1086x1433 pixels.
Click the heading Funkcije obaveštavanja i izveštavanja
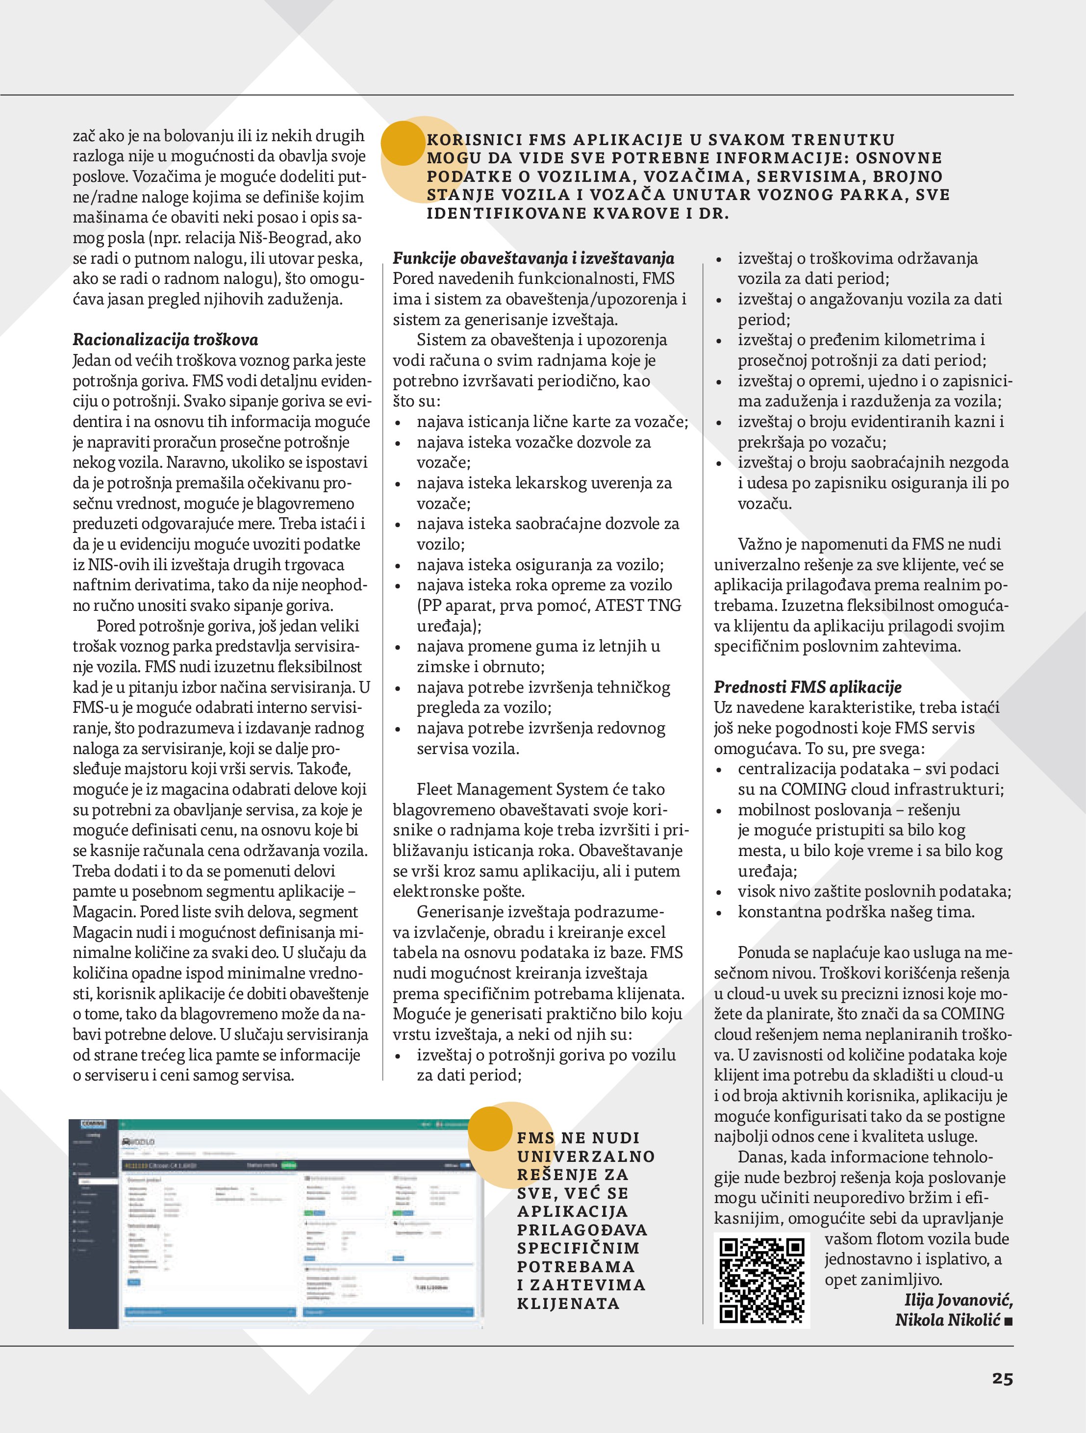533,258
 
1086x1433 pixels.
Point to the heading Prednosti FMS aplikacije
808,687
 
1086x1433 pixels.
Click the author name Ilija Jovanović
959,1300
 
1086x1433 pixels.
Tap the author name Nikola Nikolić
947,1320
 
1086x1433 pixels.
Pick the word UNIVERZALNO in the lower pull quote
586,1156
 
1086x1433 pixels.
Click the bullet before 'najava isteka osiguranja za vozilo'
399,566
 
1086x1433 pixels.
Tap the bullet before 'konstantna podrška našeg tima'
719,913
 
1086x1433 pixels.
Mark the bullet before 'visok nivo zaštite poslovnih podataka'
719,892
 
